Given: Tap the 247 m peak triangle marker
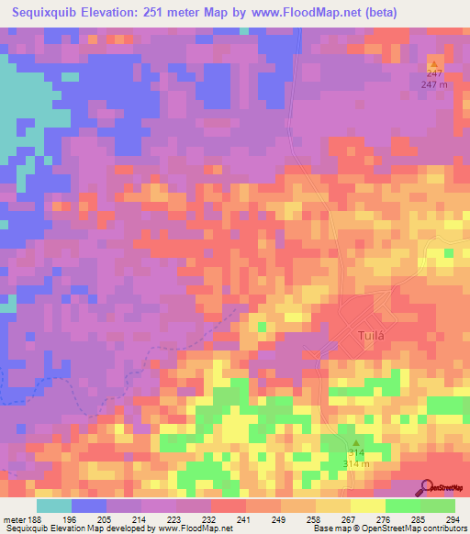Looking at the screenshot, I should tap(434, 63).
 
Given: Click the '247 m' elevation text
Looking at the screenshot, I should tap(434, 84).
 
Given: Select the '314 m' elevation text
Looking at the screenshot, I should tap(356, 464).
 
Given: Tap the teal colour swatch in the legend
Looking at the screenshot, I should tap(54, 506).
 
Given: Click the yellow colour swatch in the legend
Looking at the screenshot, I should tap(367, 506).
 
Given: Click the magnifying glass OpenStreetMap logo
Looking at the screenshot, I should tap(426, 488).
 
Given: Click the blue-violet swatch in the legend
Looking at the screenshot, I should tap(89, 506).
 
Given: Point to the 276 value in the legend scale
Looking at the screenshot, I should tap(359, 519).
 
